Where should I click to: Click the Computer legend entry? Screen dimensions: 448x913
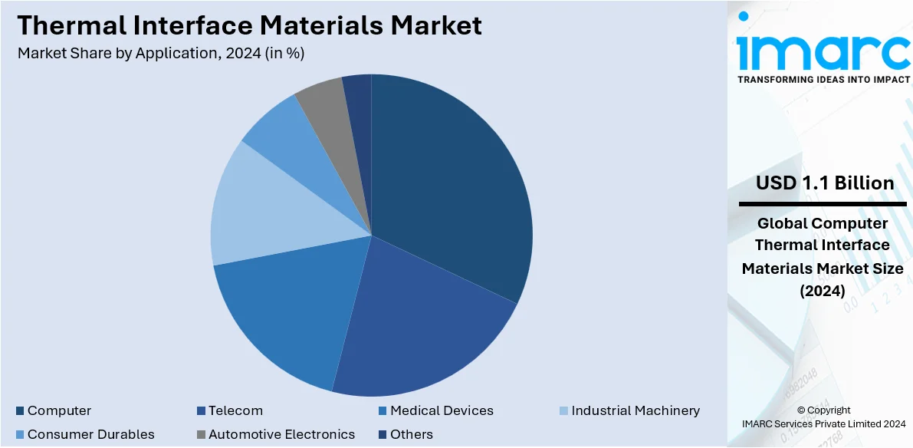coord(59,411)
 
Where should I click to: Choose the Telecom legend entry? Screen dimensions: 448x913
coord(235,411)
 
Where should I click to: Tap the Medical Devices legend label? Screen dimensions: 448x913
coord(442,411)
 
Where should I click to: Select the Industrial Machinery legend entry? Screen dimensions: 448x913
coord(635,411)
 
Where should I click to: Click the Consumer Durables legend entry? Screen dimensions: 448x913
coord(90,435)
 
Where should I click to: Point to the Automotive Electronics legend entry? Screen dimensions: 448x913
coord(281,435)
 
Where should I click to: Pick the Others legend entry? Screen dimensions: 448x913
coord(412,435)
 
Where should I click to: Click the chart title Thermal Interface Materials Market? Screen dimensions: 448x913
coord(249,25)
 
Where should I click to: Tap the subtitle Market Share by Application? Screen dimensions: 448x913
coord(165,54)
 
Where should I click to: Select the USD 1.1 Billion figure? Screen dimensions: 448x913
coord(824,183)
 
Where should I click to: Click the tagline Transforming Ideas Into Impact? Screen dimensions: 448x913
coord(824,79)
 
